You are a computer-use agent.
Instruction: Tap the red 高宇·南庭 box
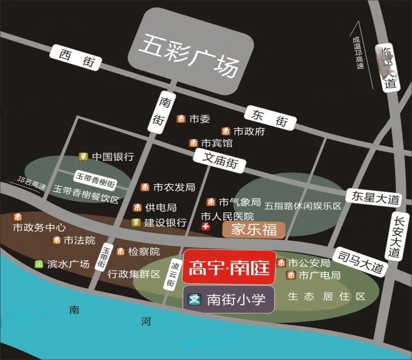click(x=229, y=267)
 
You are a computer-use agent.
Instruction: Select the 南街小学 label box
click(x=228, y=300)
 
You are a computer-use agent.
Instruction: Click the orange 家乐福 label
click(x=254, y=230)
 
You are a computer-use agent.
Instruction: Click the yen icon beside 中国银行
click(x=83, y=156)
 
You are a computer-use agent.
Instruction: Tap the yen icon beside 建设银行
click(x=136, y=223)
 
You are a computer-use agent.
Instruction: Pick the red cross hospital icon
click(x=206, y=227)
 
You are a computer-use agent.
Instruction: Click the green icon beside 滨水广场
click(x=39, y=264)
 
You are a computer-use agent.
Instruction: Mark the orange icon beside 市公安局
click(x=281, y=263)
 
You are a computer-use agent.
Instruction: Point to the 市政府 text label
click(x=249, y=132)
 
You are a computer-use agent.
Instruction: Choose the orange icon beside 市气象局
click(x=211, y=202)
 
